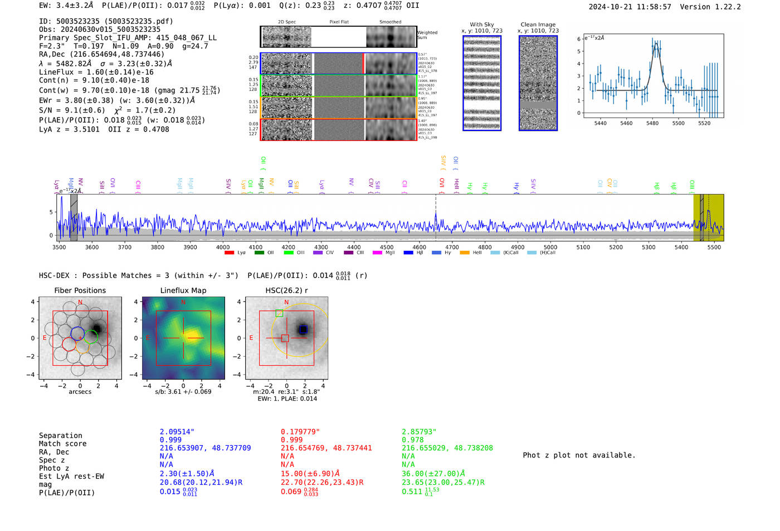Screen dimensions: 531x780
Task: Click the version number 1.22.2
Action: [x=725, y=7]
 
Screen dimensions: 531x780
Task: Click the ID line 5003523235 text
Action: [x=106, y=21]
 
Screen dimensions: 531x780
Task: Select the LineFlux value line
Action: [x=96, y=72]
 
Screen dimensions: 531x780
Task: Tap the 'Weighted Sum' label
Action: [x=427, y=35]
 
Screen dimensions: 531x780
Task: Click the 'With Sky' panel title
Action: [x=481, y=25]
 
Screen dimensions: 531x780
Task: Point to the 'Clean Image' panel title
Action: [x=538, y=25]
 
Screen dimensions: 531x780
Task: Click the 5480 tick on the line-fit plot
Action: [x=652, y=123]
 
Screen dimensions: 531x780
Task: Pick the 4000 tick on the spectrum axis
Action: [x=223, y=247]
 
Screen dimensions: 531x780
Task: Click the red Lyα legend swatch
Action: [x=229, y=253]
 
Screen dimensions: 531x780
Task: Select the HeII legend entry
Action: [x=472, y=253]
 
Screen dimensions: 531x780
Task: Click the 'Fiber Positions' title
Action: [x=80, y=290]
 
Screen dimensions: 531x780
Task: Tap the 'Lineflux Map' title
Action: [x=183, y=290]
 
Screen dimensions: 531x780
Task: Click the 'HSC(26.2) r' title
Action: [x=286, y=290]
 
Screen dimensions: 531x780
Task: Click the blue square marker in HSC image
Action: [x=303, y=329]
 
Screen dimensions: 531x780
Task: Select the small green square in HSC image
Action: [x=279, y=313]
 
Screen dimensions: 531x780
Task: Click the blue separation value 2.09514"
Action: [x=177, y=432]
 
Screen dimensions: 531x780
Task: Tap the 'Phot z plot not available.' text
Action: [x=579, y=455]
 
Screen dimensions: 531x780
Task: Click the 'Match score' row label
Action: [x=62, y=444]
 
